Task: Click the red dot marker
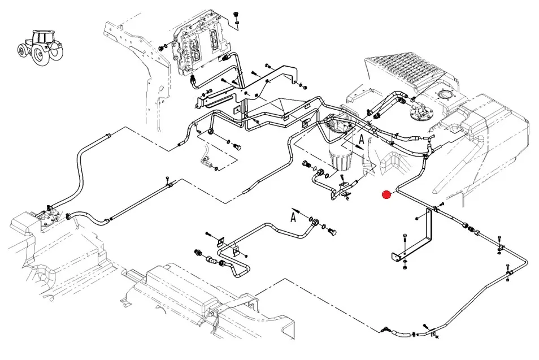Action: pos(386,195)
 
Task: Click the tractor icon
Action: pos(41,47)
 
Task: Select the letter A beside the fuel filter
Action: pos(362,139)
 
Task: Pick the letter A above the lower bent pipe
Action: pos(293,218)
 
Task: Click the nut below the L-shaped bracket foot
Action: pos(405,267)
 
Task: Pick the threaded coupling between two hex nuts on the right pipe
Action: pos(471,229)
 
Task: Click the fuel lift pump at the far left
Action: pos(49,216)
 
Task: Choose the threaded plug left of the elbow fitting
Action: pos(199,253)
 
